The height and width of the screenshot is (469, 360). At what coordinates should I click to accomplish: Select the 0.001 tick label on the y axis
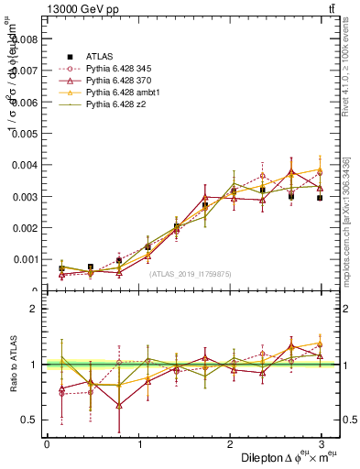[25, 259]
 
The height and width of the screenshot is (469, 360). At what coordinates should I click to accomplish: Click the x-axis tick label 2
[230, 444]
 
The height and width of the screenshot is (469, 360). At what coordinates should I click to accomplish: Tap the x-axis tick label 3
[322, 444]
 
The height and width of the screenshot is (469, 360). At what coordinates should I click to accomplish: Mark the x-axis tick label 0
[47, 444]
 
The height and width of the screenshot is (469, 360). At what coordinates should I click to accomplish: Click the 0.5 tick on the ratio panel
[29, 420]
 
